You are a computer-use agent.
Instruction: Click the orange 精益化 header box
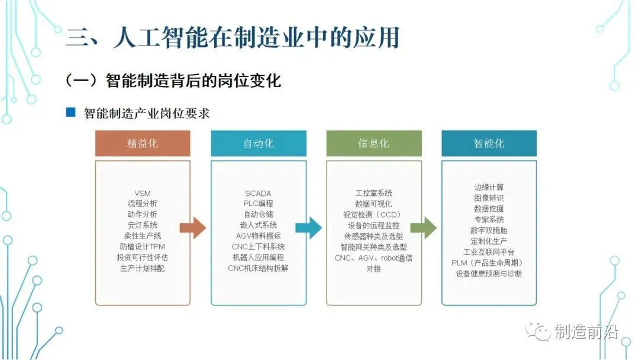tap(143, 144)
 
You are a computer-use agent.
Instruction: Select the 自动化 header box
tap(259, 144)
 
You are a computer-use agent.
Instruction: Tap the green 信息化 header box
tap(373, 144)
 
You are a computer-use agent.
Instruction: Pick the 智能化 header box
tap(489, 144)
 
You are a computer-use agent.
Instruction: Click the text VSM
tap(143, 193)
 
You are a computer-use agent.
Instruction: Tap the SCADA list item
tap(258, 193)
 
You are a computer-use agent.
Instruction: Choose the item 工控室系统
tap(373, 193)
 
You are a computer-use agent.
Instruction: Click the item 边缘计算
tap(489, 188)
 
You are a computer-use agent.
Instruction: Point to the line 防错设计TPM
tap(143, 247)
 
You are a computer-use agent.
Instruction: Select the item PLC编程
tap(258, 204)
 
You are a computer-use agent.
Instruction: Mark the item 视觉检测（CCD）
tap(373, 214)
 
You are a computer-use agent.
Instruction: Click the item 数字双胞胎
tap(489, 230)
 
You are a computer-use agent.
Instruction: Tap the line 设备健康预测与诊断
tap(489, 274)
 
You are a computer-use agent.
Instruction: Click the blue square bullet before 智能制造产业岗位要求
tap(71, 112)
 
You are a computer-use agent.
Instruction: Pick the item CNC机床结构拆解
tap(258, 268)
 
